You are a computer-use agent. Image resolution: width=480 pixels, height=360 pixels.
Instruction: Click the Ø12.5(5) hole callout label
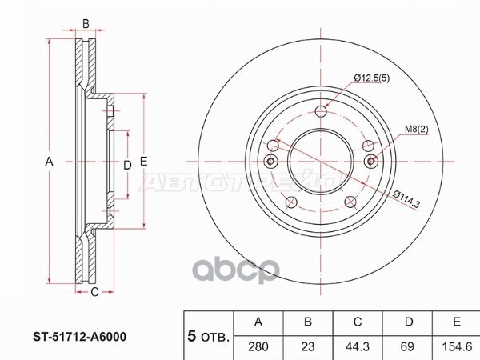pos(372,78)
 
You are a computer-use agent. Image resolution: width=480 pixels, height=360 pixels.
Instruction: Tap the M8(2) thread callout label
pos(417,129)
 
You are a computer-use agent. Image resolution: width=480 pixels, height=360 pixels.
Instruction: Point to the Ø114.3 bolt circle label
pos(406,198)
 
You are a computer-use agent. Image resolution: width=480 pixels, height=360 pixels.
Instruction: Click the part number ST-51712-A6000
pos(79,337)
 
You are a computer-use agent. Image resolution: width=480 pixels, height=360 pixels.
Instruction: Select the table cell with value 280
pos(258,346)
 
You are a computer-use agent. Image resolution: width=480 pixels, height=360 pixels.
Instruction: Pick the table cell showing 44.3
pos(358,346)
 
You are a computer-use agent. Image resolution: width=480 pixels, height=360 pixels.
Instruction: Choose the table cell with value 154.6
pos(457,346)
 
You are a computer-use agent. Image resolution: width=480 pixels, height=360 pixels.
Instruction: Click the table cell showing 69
pos(407,346)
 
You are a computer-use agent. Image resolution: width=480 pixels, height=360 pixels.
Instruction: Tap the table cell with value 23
pos(308,346)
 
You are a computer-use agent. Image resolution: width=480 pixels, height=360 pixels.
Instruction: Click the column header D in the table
pos(409,322)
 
